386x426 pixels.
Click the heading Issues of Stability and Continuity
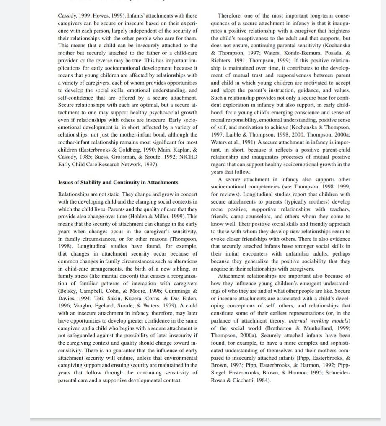point(118,182)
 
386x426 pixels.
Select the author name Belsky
point(69,291)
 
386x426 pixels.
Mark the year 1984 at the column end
point(264,380)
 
